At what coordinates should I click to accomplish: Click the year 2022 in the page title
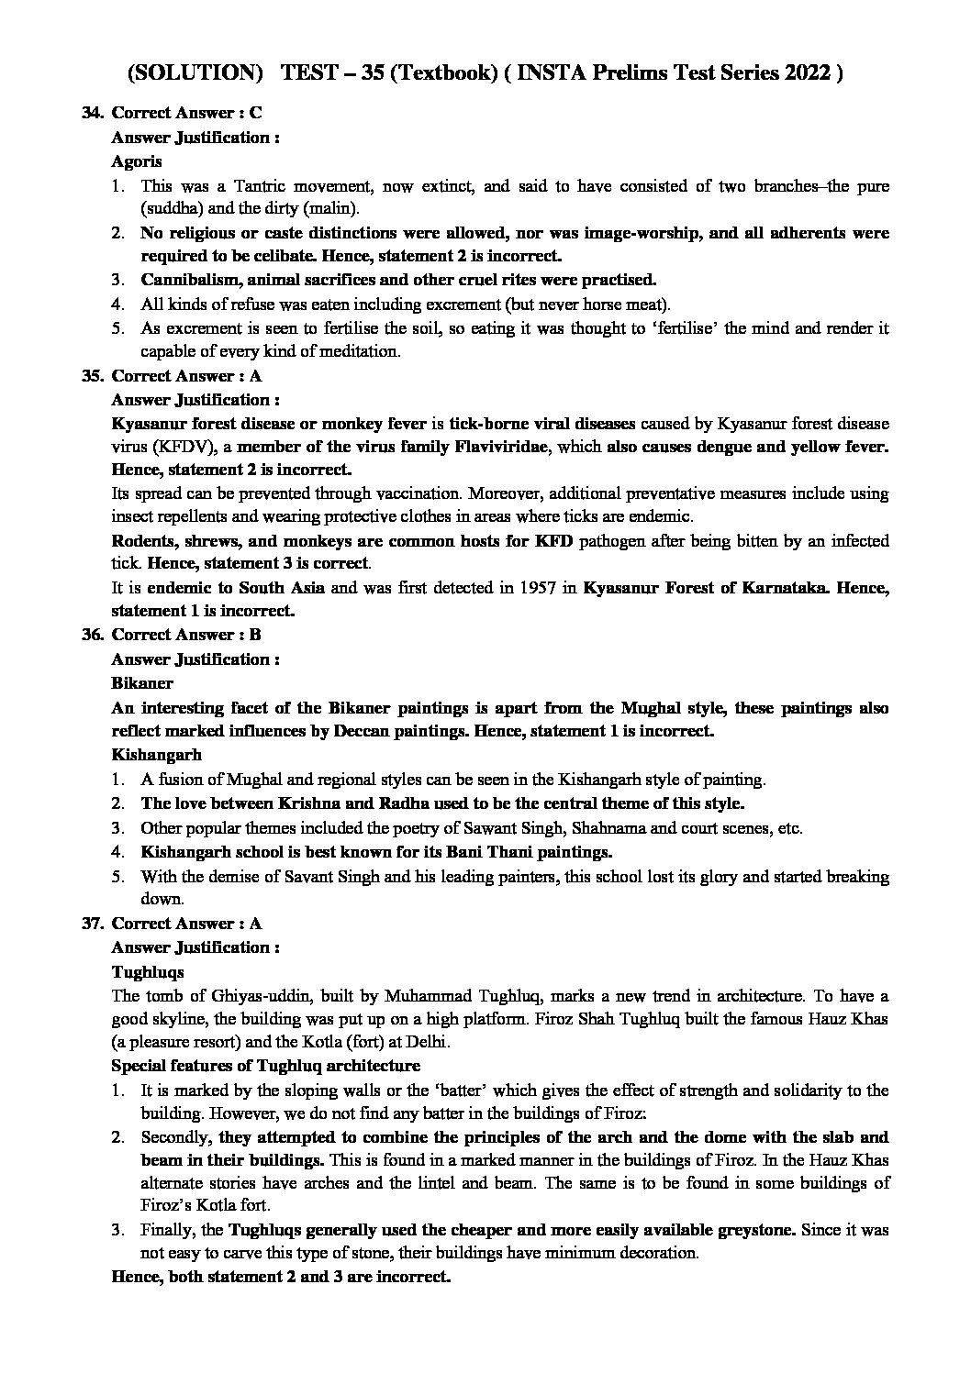tap(803, 73)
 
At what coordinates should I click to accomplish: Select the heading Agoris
tap(136, 161)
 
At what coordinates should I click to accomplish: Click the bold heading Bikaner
tap(141, 683)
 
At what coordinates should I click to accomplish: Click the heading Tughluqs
tap(147, 971)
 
